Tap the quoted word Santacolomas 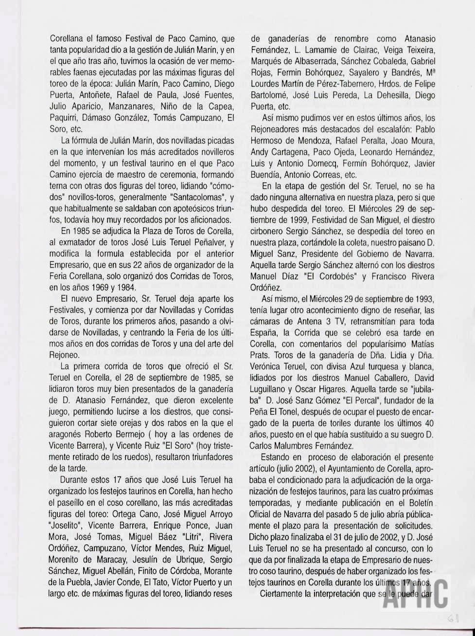pos(186,197)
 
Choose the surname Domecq pos(326,164)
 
